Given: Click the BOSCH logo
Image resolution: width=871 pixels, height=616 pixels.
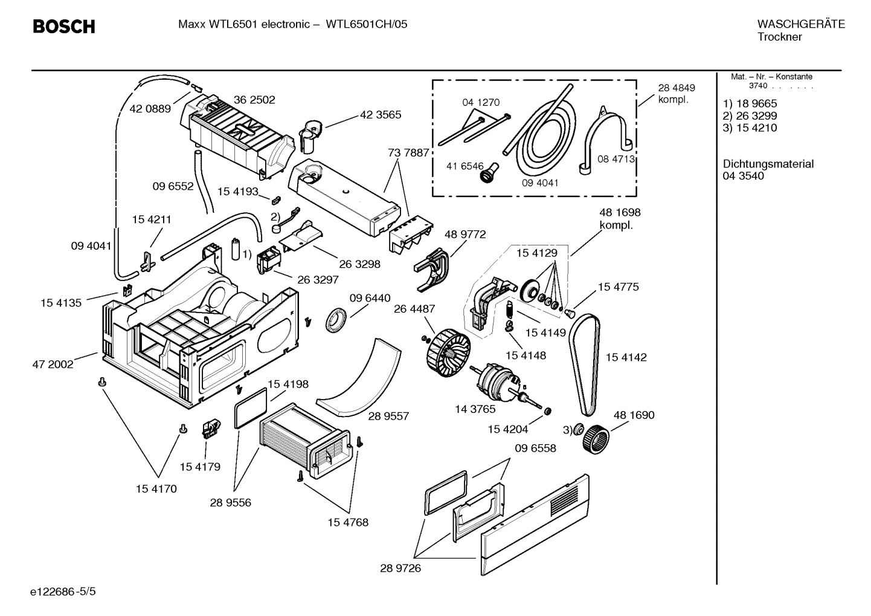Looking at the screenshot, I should pos(63,27).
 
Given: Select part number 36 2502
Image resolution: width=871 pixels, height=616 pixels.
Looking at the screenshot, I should pos(254,100).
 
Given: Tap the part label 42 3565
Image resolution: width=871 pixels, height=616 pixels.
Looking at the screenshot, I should pos(381,114).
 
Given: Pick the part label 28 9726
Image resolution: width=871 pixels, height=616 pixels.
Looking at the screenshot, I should pos(400,568).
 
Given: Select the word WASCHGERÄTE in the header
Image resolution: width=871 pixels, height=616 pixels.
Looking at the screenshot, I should pos(801,25).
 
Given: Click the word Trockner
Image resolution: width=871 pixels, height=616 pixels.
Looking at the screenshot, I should pos(779,37).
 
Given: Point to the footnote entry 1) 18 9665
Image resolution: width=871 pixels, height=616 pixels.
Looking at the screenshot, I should pos(750,103).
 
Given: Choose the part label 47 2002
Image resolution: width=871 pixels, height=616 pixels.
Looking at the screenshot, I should pos(53,365).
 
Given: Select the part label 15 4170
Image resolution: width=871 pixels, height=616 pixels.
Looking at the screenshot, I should pos(156,488).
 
